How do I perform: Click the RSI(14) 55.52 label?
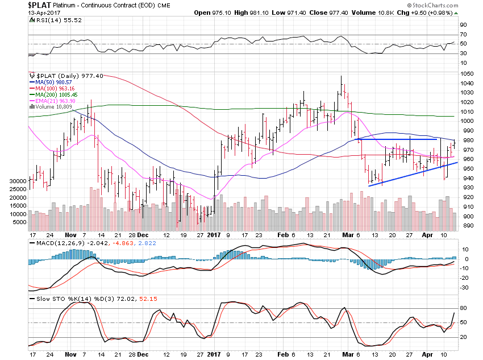click(x=53, y=20)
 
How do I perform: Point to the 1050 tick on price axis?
click(x=467, y=74)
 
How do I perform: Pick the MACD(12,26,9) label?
click(x=57, y=243)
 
